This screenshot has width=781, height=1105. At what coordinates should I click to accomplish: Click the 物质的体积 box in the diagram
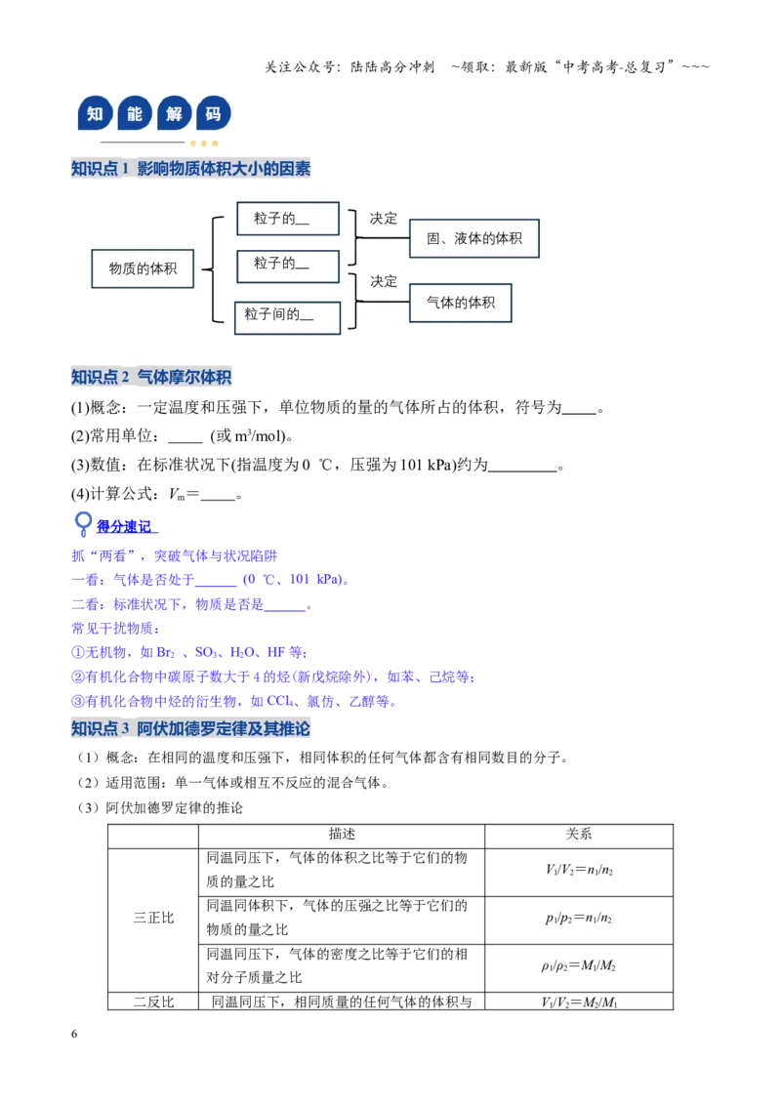(143, 268)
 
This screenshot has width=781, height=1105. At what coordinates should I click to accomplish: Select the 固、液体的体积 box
(473, 238)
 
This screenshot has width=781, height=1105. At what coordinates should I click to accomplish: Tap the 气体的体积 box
(460, 303)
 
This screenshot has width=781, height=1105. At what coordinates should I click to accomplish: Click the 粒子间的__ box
(288, 318)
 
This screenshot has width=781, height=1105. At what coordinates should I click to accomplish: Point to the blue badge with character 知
(95, 113)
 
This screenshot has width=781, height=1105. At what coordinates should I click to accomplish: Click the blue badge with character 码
(214, 113)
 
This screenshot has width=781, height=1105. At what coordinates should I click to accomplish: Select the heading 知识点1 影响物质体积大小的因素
(190, 169)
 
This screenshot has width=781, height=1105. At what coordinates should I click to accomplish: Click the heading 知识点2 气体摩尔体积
(151, 377)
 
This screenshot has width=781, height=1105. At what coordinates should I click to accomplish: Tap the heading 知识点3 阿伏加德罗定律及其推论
(190, 728)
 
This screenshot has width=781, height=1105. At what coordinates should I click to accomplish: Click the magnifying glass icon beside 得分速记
(83, 523)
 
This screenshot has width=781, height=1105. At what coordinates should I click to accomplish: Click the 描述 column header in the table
(342, 835)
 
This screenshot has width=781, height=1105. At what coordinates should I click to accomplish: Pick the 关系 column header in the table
(579, 835)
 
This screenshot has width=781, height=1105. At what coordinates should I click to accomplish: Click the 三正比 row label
(153, 919)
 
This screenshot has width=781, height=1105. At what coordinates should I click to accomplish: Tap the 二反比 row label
(153, 1002)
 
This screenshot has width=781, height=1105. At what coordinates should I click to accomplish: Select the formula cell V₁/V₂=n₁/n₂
(579, 871)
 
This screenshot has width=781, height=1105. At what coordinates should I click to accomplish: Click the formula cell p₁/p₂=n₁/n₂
(579, 919)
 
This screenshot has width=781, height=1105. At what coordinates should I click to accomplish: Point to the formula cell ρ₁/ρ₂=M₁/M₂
(579, 966)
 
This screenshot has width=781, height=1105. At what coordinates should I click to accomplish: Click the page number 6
(74, 1034)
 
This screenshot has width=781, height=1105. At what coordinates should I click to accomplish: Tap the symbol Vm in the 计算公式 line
(177, 495)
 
